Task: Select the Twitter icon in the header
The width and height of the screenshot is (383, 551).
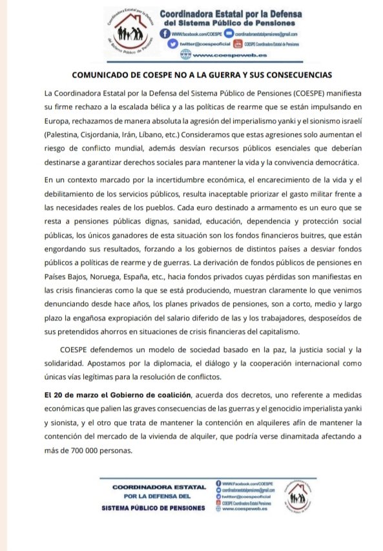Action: pyautogui.click(x=172, y=44)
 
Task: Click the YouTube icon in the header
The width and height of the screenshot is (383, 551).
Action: pyautogui.click(x=237, y=44)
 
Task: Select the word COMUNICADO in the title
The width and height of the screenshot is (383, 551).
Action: pyautogui.click(x=98, y=74)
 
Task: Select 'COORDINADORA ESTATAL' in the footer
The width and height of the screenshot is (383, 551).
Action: pyautogui.click(x=159, y=486)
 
